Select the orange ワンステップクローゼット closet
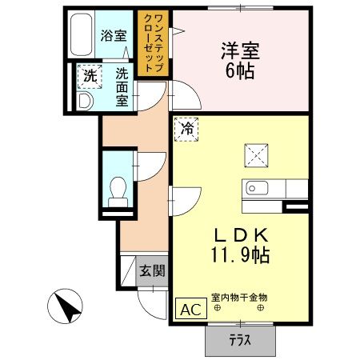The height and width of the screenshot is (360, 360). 151,42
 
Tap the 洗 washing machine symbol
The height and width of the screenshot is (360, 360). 87,78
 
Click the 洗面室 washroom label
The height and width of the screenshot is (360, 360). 122,86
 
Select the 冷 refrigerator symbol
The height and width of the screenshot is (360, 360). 186,128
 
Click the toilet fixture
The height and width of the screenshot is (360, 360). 118,189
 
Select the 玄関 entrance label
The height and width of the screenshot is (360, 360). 153,270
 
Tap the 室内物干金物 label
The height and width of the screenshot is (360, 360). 240,298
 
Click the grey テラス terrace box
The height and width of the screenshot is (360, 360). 241,339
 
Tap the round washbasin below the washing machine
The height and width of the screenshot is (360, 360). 86,101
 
